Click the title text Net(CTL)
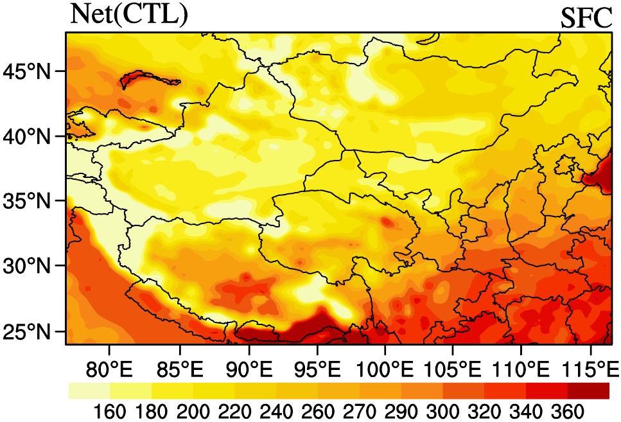128,14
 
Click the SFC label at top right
586,19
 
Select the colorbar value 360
567,410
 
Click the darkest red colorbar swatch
588,391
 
